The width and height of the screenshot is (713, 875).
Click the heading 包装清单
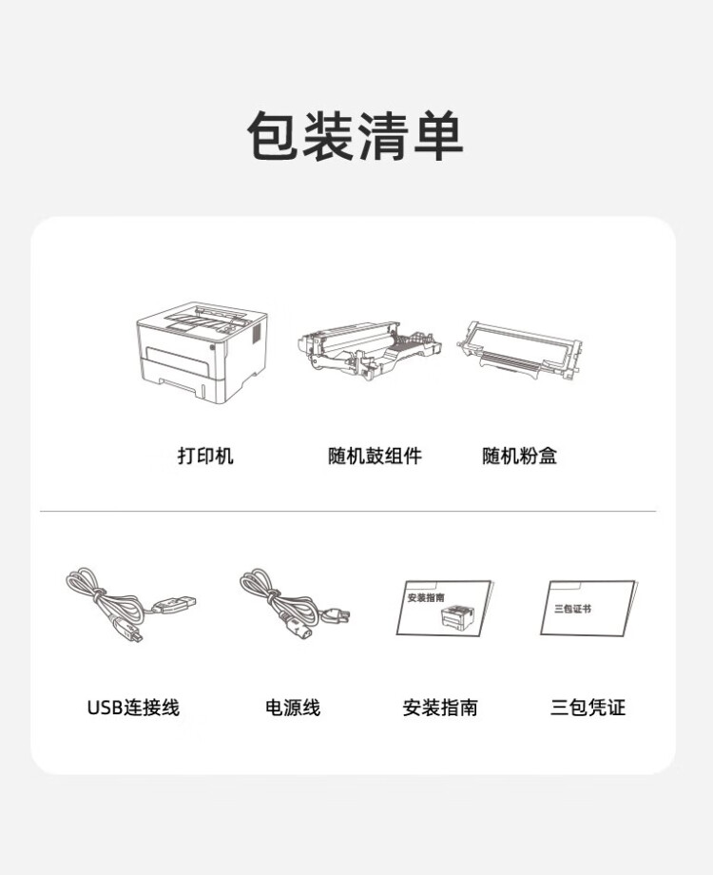pyautogui.click(x=356, y=135)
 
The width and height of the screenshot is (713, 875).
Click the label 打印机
pyautogui.click(x=204, y=457)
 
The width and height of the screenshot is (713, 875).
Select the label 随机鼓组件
pyautogui.click(x=374, y=457)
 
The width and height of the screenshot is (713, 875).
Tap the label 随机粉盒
pyautogui.click(x=519, y=457)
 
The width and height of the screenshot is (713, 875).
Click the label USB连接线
pyautogui.click(x=133, y=708)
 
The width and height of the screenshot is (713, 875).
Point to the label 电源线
pyautogui.click(x=293, y=708)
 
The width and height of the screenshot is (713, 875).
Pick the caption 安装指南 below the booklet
pyautogui.click(x=440, y=708)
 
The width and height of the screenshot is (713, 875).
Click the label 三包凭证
pyautogui.click(x=588, y=708)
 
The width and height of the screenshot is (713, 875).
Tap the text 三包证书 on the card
pyautogui.click(x=572, y=607)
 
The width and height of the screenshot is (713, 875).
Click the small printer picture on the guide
pyautogui.click(x=457, y=616)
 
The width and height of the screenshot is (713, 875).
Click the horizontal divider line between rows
pyautogui.click(x=348, y=512)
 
